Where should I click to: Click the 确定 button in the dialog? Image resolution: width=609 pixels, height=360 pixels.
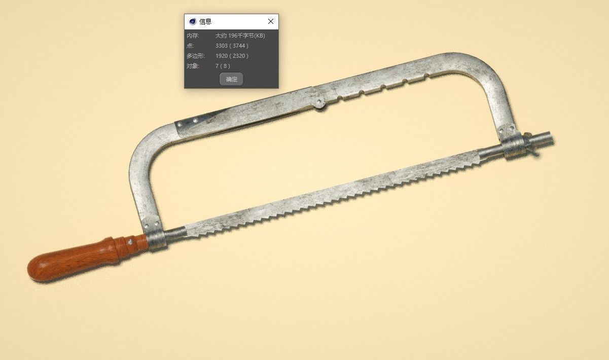231,79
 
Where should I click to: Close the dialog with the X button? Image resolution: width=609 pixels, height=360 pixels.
271,21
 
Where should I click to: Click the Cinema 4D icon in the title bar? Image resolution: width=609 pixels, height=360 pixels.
192,21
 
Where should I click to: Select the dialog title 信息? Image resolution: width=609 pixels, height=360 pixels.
205,21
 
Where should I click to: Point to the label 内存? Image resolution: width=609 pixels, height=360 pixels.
193,36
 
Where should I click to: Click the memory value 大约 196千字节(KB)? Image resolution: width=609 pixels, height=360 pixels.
240,36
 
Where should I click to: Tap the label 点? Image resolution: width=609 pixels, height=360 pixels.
190,46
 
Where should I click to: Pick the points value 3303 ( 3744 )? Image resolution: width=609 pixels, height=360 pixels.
232,46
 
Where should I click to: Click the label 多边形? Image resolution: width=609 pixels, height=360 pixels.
196,56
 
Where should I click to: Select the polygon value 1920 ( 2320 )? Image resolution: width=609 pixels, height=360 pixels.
232,56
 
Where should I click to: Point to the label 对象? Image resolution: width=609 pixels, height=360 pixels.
193,66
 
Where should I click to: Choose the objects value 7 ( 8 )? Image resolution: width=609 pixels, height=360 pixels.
223,66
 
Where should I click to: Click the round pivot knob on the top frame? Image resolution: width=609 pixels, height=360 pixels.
319,103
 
